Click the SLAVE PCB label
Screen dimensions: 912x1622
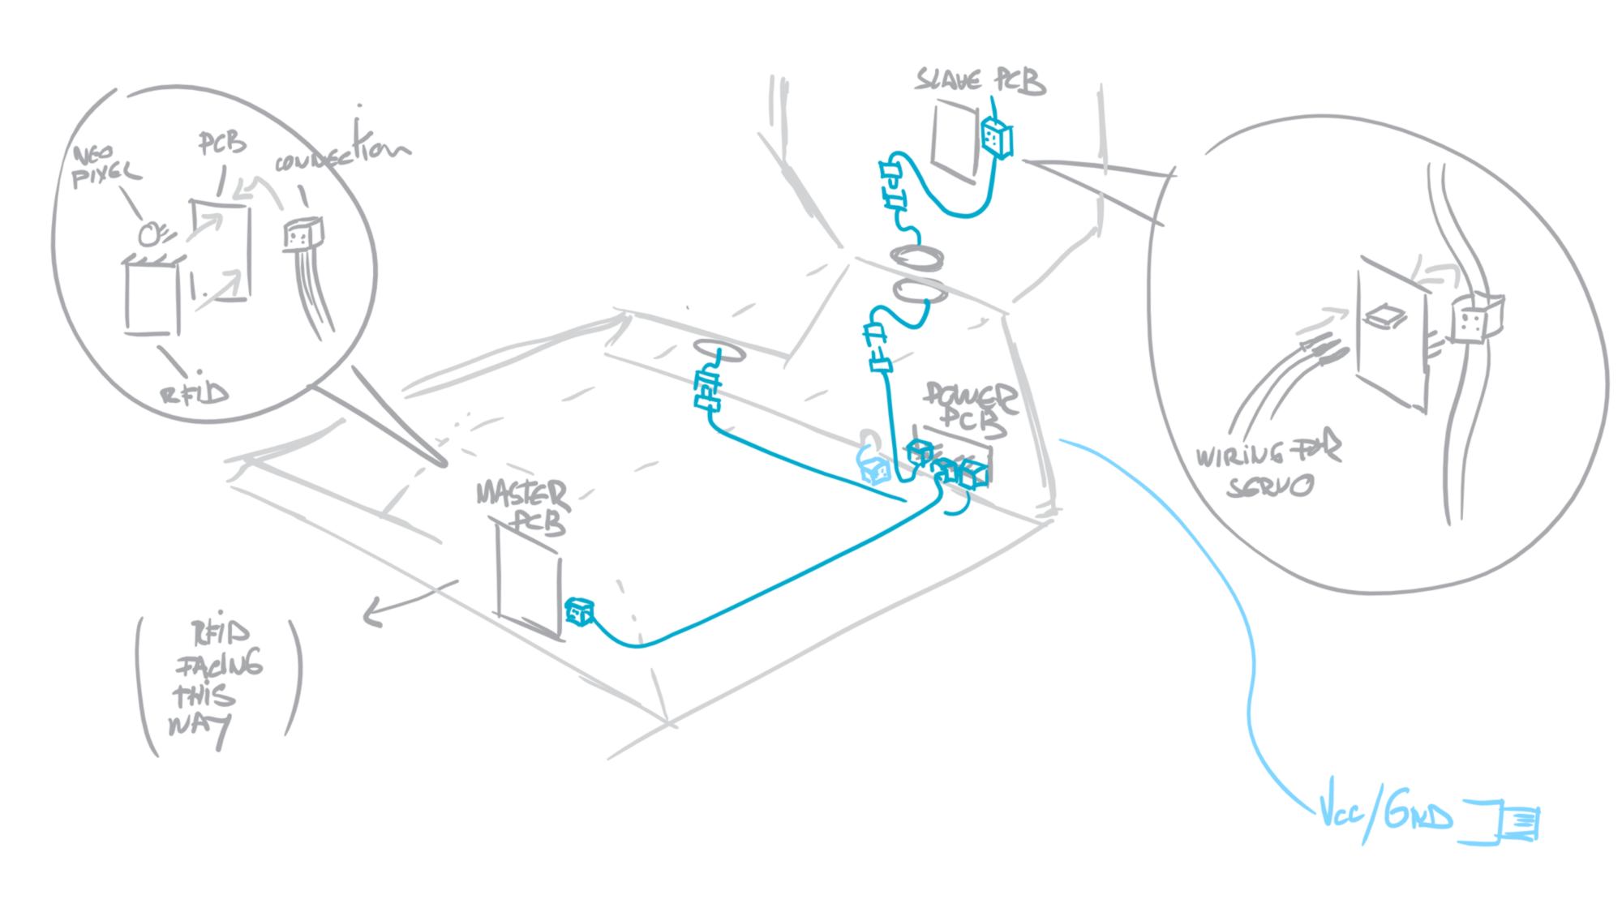(980, 82)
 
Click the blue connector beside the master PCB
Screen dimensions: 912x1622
(580, 611)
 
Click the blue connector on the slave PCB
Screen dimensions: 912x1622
(996, 139)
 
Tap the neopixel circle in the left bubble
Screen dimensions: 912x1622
(150, 234)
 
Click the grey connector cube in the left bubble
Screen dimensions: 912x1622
(301, 234)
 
